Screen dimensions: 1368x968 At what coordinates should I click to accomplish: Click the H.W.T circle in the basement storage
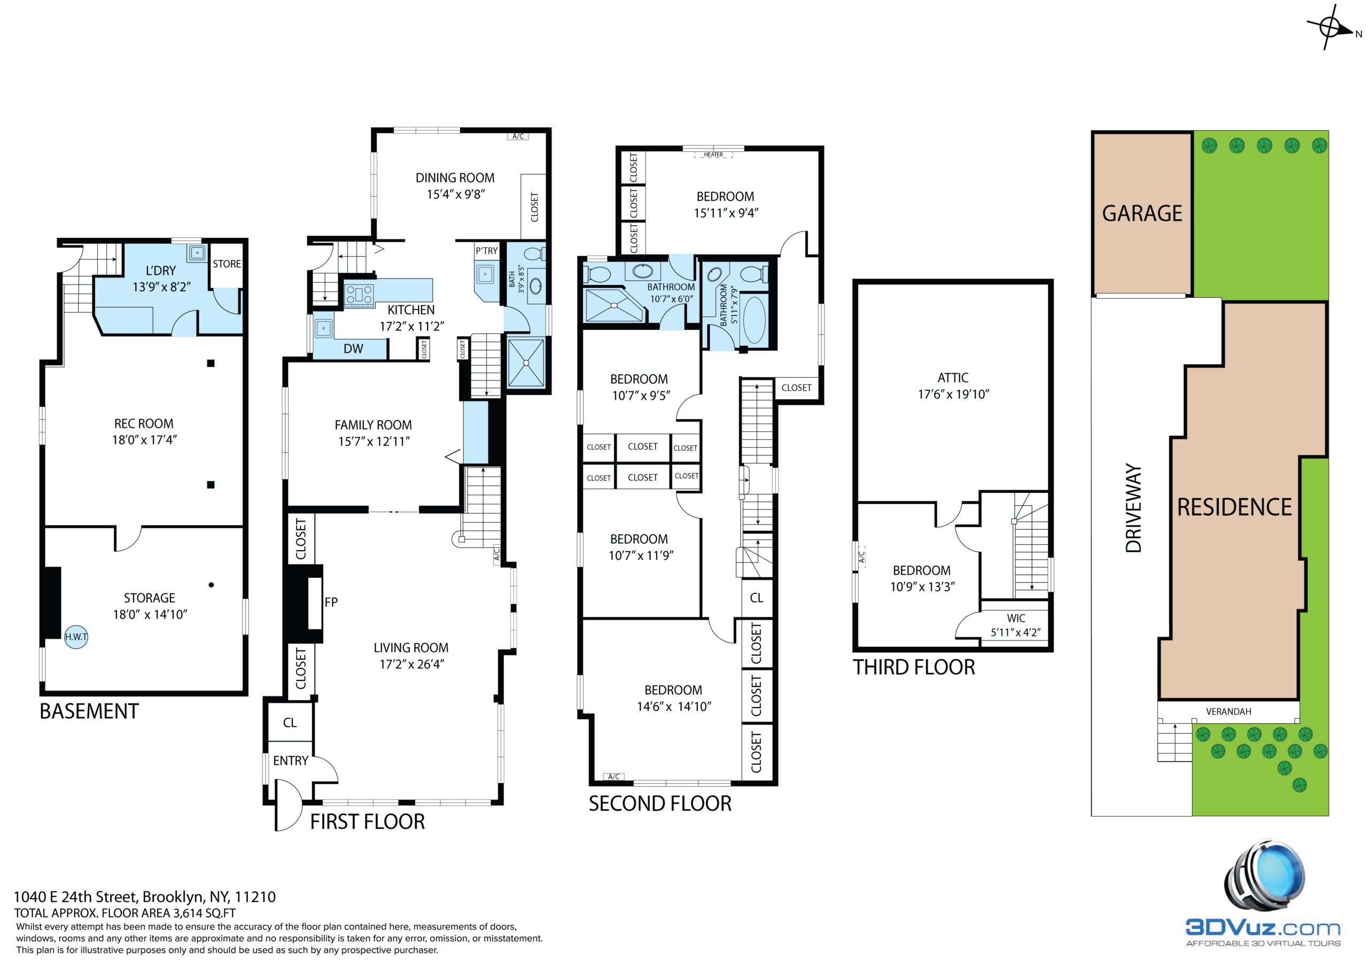click(76, 637)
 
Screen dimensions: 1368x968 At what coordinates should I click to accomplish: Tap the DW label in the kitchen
click(353, 349)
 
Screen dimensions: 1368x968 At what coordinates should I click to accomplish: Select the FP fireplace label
click(331, 602)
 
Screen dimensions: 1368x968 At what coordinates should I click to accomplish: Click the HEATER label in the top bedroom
click(713, 154)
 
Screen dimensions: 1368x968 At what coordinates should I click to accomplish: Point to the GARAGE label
click(1142, 213)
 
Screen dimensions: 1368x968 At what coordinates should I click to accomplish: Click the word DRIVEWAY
click(1133, 508)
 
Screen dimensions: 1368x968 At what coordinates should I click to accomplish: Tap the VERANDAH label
click(1229, 711)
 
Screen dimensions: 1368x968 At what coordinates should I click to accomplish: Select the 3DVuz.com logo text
click(1263, 927)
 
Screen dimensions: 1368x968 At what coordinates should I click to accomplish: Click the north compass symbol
click(1330, 27)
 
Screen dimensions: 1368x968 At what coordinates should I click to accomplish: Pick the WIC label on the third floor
click(1016, 618)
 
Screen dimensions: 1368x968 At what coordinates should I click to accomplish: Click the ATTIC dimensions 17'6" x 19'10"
click(953, 394)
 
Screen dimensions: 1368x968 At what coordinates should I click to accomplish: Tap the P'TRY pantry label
click(486, 251)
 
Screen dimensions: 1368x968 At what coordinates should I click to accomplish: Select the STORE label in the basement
click(227, 264)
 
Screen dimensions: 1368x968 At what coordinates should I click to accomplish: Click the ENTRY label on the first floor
click(291, 761)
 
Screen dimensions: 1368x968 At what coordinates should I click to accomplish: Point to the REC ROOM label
click(144, 424)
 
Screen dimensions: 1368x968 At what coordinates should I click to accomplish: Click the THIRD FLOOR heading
click(914, 667)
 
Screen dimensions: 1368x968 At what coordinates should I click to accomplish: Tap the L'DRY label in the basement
click(161, 270)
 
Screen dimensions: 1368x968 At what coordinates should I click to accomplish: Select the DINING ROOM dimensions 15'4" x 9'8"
click(456, 195)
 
